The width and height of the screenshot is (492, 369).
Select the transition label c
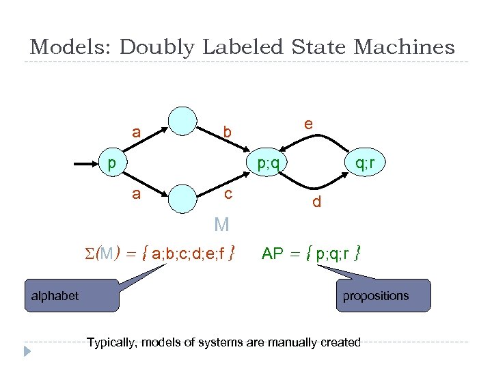coord(228,195)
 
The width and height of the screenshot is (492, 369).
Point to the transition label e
coord(309,124)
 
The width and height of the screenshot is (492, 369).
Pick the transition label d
coord(316,202)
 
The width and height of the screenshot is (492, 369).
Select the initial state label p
coord(111,163)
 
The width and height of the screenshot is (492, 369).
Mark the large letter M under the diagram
coord(221,225)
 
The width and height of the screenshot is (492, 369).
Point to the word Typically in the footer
coord(112,342)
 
